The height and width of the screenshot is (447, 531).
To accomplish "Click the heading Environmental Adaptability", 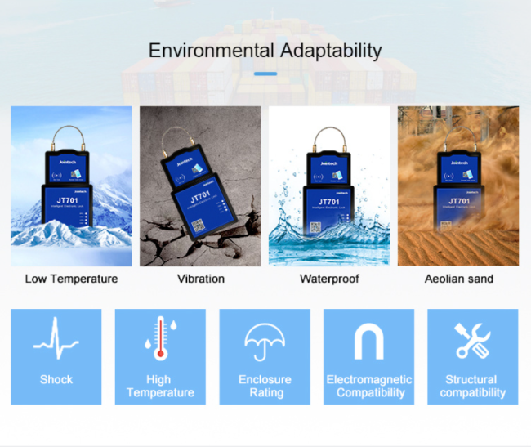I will point(265,51).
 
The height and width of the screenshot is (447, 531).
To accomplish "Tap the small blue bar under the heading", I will point(265,74).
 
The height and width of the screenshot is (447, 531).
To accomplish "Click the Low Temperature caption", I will point(71,279).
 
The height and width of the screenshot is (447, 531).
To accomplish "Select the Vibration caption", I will point(201,279).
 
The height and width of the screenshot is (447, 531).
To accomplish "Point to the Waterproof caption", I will point(328,279).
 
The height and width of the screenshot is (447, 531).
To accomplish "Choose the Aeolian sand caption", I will point(458,279).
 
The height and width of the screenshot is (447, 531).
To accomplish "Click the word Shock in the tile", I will point(56,379).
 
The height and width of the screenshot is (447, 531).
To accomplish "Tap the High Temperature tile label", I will point(159,386).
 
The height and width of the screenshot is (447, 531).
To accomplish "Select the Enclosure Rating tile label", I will point(265,386).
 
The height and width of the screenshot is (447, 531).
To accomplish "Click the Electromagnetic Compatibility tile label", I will point(369,386).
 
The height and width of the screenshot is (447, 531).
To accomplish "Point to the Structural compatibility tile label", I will point(471,386).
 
